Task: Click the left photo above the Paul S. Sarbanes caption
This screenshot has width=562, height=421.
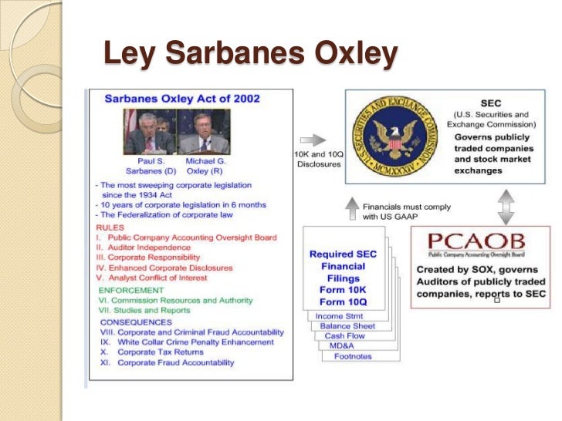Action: click(149, 132)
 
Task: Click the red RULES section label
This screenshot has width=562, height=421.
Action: click(110, 227)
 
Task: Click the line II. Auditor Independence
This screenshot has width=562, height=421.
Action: click(144, 248)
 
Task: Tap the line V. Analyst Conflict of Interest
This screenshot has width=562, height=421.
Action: click(158, 278)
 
